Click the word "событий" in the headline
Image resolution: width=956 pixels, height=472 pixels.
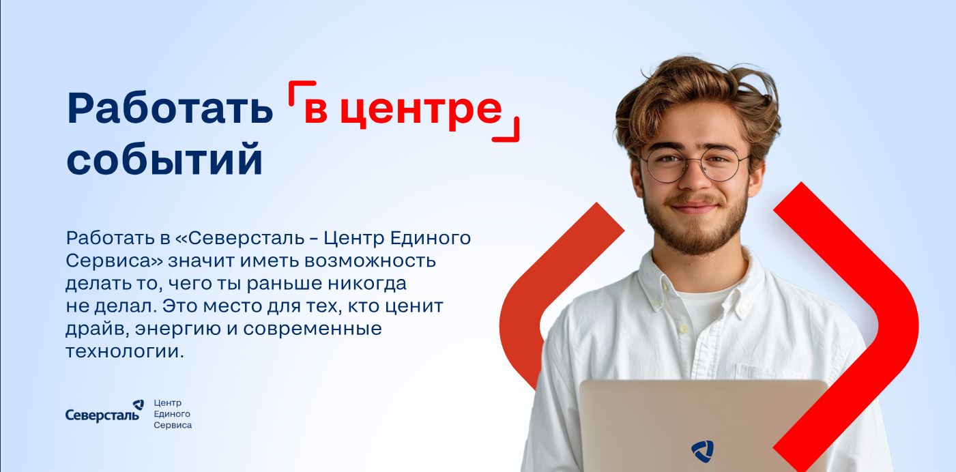point(164,160)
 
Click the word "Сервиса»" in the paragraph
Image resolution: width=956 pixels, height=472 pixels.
point(113,261)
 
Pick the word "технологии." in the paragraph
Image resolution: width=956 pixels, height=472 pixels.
point(125,352)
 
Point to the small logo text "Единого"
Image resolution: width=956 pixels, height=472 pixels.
point(172,414)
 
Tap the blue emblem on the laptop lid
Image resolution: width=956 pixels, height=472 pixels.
point(702,451)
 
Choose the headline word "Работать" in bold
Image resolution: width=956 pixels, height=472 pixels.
point(170,109)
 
